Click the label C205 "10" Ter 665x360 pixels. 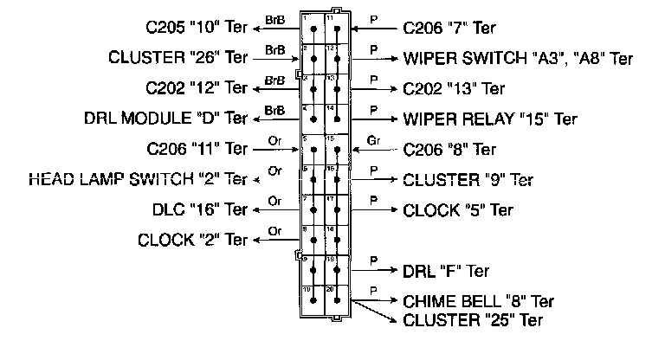click(x=191, y=29)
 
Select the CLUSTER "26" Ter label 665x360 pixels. click(x=178, y=59)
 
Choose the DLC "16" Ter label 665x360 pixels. click(x=198, y=209)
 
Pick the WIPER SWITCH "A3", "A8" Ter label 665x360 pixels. click(x=518, y=59)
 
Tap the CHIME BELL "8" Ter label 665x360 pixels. click(x=478, y=301)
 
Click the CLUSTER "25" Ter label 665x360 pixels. click(x=473, y=320)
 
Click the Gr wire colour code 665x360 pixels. click(x=374, y=138)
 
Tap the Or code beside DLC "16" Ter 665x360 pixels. click(x=275, y=201)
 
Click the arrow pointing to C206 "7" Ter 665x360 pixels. click(x=377, y=29)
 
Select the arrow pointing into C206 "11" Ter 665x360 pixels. click(x=277, y=149)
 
